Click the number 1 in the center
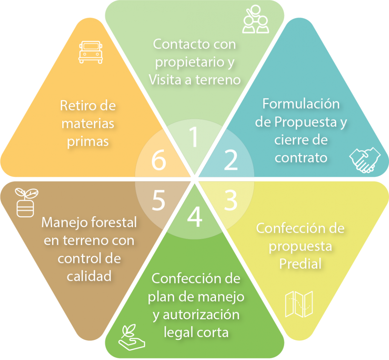(194, 137)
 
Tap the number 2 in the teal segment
(231, 160)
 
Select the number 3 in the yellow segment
(230, 200)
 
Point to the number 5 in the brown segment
(159, 200)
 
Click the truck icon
(90, 52)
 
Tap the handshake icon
(365, 160)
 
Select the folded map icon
(299, 304)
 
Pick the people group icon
(256, 19)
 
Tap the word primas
(88, 142)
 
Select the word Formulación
(301, 104)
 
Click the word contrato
(301, 158)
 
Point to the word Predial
(300, 264)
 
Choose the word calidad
(89, 276)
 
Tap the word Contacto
(177, 44)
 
